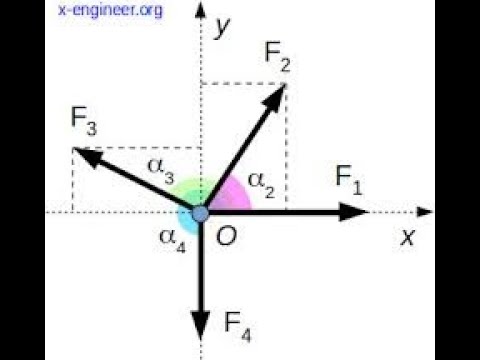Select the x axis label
coord(407,237)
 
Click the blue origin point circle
coord(200,212)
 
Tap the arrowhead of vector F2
coord(279,94)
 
